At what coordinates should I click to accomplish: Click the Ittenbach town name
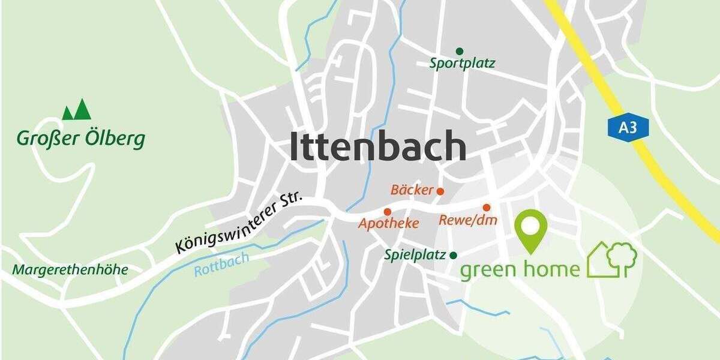378,146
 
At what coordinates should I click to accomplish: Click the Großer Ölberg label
80,139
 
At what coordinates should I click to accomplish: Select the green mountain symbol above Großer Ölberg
77,110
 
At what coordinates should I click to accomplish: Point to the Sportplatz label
462,63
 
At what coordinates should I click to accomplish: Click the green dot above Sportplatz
460,51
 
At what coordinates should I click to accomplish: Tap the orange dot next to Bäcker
440,191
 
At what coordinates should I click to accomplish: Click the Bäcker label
412,190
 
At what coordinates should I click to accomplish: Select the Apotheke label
388,224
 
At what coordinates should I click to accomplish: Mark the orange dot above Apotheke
388,212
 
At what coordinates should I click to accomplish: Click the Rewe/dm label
468,220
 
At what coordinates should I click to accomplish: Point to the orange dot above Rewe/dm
487,207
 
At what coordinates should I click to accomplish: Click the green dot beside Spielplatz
454,255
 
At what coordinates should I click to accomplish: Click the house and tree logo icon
611,259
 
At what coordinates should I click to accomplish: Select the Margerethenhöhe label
70,270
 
